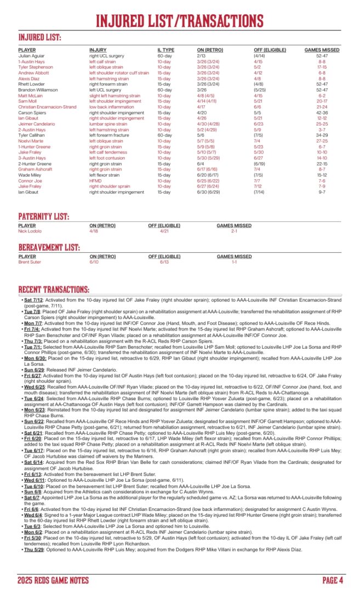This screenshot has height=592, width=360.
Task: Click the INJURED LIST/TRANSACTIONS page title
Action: (x=180, y=20)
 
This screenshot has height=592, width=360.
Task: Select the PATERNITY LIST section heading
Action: (x=43, y=217)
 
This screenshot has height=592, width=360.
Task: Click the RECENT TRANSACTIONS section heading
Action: (x=54, y=289)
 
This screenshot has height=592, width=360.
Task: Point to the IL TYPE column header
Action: (x=166, y=50)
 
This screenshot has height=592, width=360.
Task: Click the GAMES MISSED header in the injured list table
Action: (x=322, y=50)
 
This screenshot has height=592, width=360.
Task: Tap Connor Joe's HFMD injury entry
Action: (x=96, y=180)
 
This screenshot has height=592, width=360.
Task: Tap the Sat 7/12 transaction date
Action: (x=32, y=300)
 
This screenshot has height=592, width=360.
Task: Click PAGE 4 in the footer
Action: (x=332, y=580)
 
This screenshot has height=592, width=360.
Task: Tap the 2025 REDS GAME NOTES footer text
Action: (x=53, y=580)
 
